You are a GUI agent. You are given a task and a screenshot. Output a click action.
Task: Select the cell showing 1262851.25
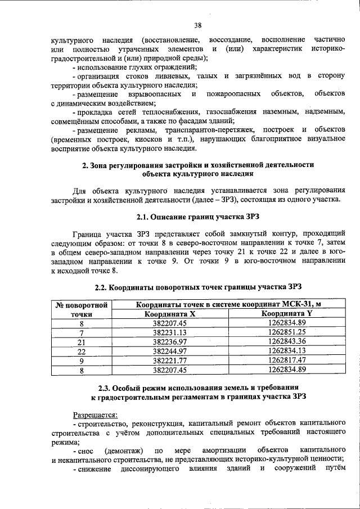287,332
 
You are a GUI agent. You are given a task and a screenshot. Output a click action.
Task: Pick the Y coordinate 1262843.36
287,341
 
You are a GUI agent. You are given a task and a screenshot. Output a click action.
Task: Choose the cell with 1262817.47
287,360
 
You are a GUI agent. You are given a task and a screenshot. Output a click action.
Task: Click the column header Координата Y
287,314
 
